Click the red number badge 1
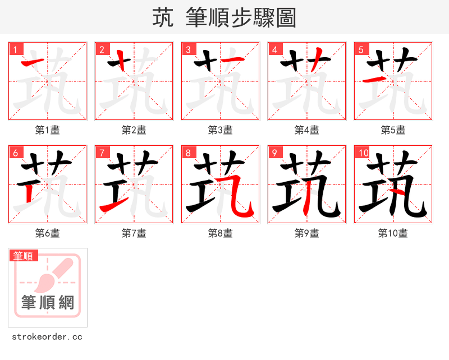point(15,49)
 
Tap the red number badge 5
point(361,49)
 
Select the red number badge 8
point(188,153)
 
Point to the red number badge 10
point(363,153)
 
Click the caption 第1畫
point(48,130)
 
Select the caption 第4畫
point(307,130)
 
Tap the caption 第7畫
point(134,233)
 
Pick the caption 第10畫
point(393,233)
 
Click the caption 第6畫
point(48,233)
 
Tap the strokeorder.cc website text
point(47,337)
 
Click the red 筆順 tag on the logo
point(24,256)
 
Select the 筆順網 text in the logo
point(48,303)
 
